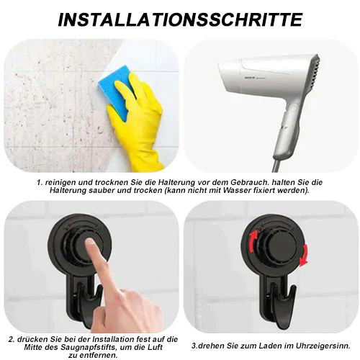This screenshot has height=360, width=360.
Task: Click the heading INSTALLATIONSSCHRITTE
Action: (180, 19)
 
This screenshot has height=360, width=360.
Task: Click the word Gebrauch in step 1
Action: (249, 182)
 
